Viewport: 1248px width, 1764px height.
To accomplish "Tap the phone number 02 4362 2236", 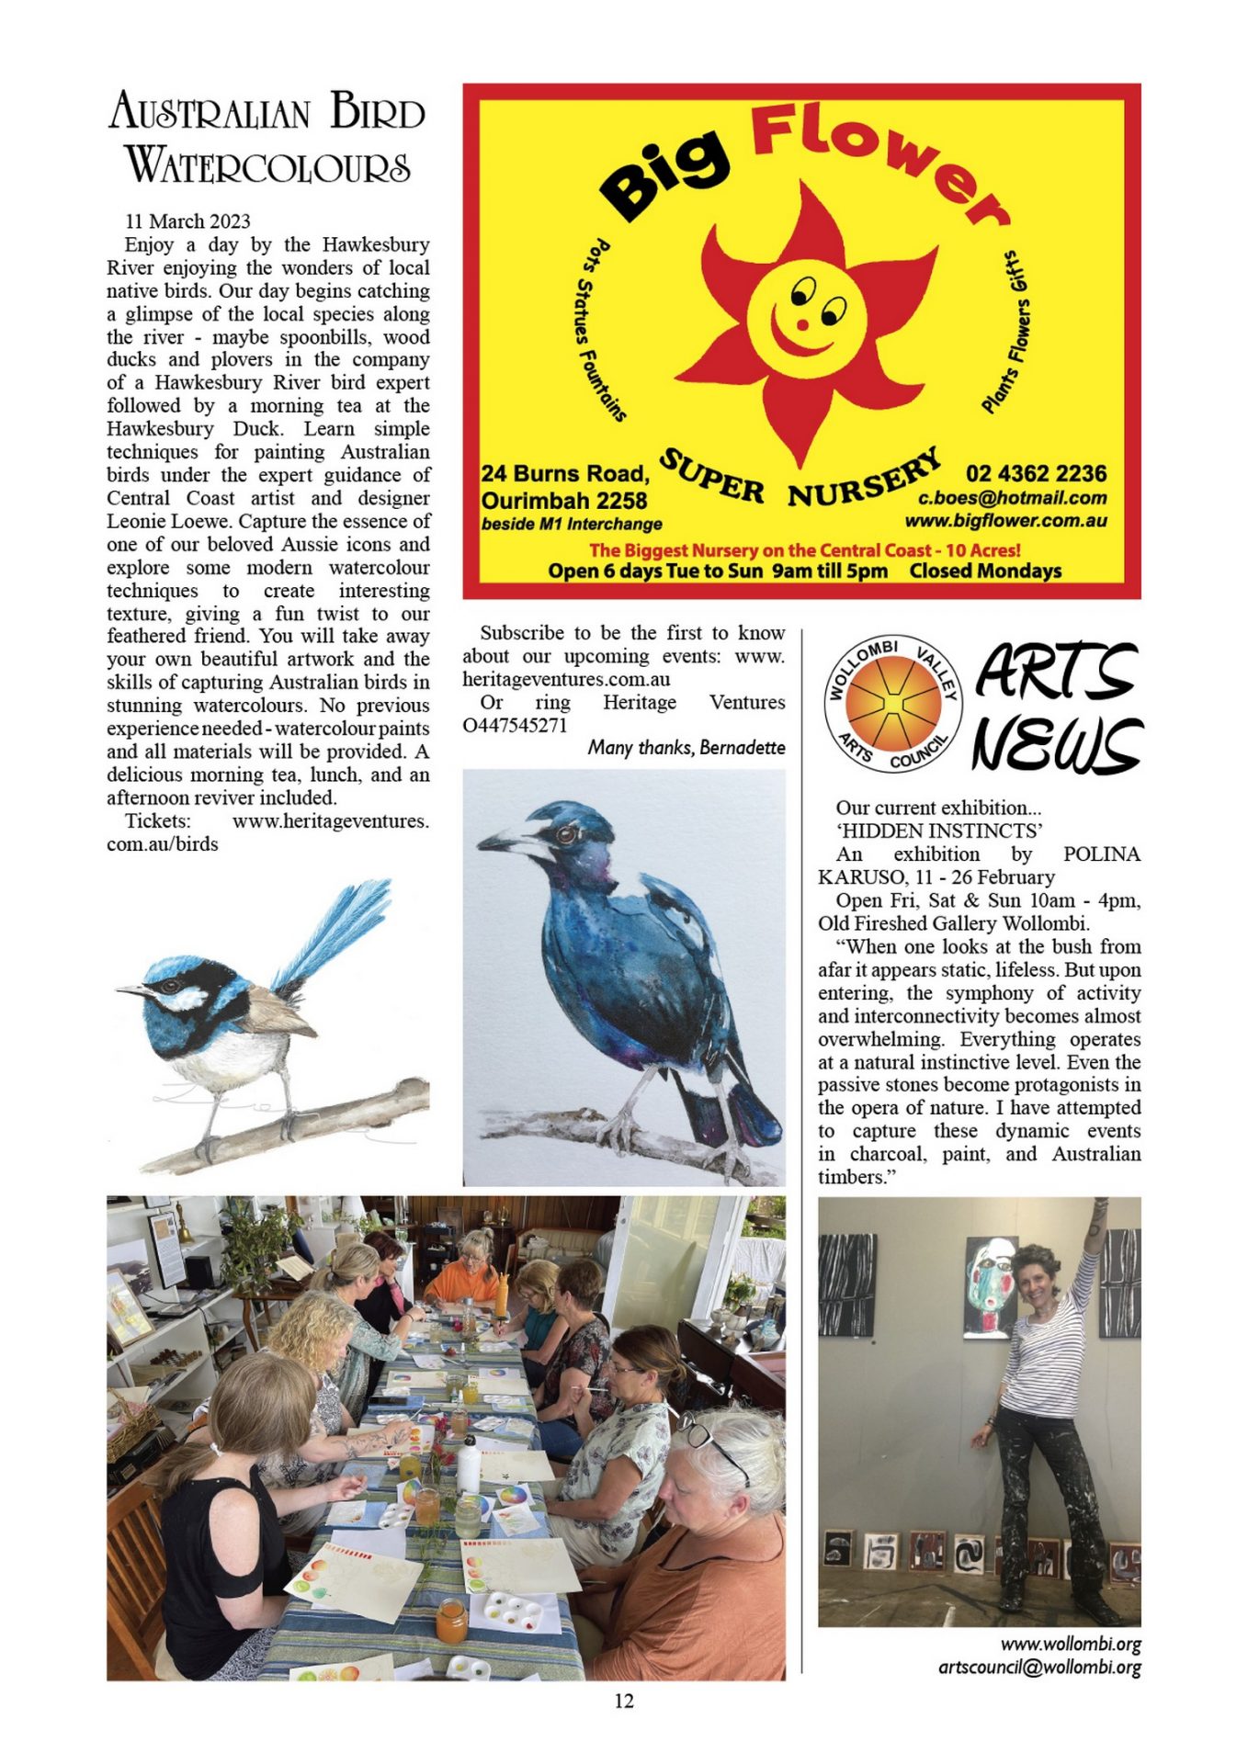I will pyautogui.click(x=1036, y=473).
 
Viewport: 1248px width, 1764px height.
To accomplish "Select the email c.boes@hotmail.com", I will pyautogui.click(x=1013, y=498).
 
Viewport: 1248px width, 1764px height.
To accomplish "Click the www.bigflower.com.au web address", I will pyautogui.click(x=1005, y=521).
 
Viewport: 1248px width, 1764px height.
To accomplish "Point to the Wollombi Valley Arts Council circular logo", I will pyautogui.click(x=893, y=705).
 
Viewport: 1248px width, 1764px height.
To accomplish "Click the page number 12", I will pyautogui.click(x=624, y=1701).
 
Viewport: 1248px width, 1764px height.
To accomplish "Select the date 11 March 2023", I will pyautogui.click(x=187, y=221).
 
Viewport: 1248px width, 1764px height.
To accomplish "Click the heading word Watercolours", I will pyautogui.click(x=267, y=166).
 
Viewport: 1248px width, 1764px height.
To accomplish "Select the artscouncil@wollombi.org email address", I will pyautogui.click(x=1039, y=1668).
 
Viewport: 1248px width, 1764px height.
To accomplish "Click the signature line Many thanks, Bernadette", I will pyautogui.click(x=686, y=748).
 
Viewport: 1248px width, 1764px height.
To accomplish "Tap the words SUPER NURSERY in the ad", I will pyautogui.click(x=800, y=480).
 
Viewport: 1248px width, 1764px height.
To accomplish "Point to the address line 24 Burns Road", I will pyautogui.click(x=565, y=474).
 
